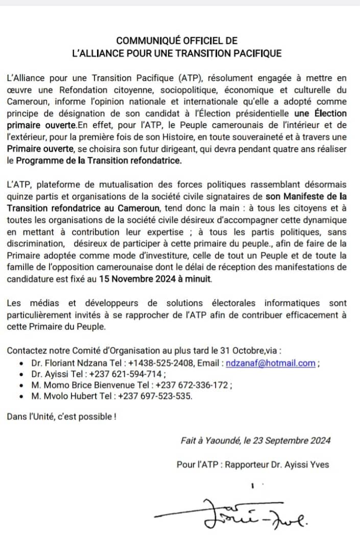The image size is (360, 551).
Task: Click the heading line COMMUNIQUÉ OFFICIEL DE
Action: coord(177,41)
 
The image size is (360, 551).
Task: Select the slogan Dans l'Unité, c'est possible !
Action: coord(61,417)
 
